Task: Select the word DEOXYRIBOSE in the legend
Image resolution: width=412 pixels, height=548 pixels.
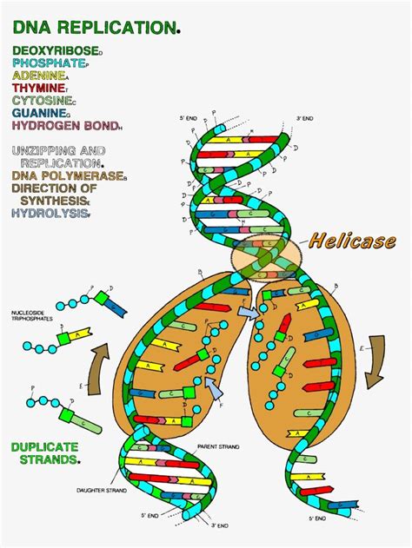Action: click(56, 51)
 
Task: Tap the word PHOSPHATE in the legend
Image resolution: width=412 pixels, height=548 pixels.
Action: click(50, 63)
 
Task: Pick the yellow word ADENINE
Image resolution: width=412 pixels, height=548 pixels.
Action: click(40, 76)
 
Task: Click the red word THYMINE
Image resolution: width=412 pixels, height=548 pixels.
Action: click(40, 88)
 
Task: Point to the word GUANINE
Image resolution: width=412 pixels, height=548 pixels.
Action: click(40, 113)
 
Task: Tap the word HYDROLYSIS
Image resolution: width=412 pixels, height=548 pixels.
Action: click(50, 213)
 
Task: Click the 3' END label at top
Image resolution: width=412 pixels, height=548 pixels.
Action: click(303, 117)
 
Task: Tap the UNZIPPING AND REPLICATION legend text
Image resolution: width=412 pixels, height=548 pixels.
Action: click(58, 156)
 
